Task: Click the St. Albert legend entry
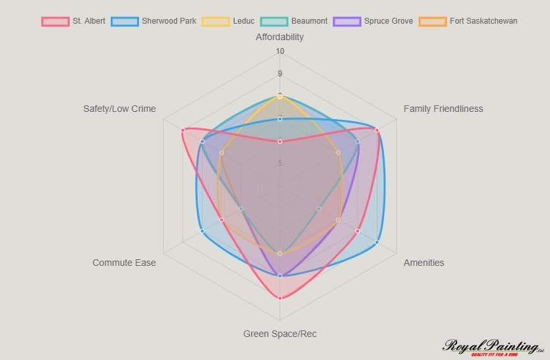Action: click(x=73, y=21)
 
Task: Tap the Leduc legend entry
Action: click(x=231, y=21)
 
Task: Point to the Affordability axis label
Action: click(x=280, y=37)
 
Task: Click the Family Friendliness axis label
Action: click(x=443, y=109)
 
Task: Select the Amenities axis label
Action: click(x=424, y=263)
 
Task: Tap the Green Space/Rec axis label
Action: click(x=280, y=334)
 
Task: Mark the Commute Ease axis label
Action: click(x=124, y=263)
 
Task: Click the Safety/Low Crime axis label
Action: click(x=119, y=109)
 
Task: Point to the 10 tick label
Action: click(x=280, y=51)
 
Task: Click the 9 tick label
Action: click(x=280, y=74)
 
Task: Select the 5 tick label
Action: click(x=280, y=163)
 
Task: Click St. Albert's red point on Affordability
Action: click(x=280, y=141)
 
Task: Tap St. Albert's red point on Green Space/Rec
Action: click(x=280, y=298)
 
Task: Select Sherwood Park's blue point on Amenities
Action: click(x=377, y=242)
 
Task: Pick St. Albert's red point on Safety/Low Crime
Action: click(x=182, y=130)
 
